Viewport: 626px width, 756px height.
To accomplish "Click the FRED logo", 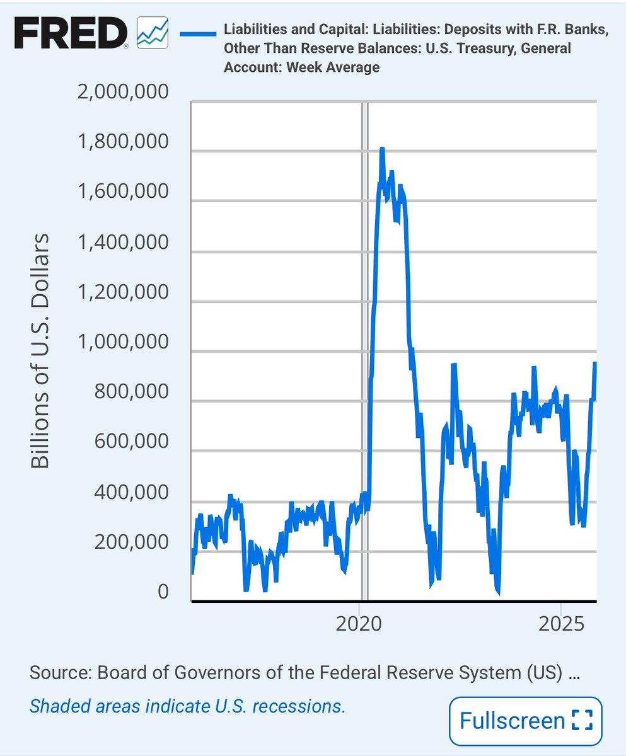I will click(x=71, y=33).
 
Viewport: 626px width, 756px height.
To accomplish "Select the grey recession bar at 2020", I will click(x=364, y=353).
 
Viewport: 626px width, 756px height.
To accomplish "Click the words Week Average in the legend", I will click(x=333, y=67).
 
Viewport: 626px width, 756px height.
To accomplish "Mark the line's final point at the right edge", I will click(x=594, y=364).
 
